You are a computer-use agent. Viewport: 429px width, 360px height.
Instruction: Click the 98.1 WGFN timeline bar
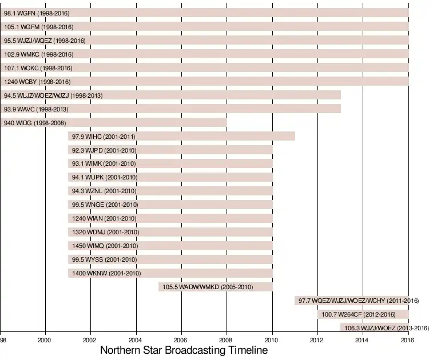pos(229,13)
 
